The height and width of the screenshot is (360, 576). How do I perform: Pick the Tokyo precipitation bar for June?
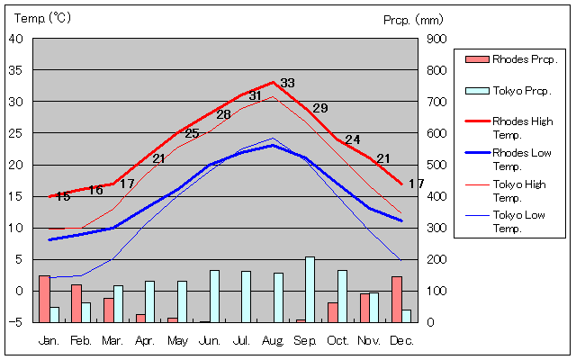pos(214,296)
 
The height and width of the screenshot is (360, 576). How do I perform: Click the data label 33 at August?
pos(287,83)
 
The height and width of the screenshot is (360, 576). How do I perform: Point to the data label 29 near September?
pos(319,108)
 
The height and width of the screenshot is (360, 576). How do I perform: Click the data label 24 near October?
pos(352,139)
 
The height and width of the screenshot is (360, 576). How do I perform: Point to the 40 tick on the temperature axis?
pos(16,39)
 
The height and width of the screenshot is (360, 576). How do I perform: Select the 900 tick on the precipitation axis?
pos(436,39)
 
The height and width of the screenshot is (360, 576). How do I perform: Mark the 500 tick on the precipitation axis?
pos(436,165)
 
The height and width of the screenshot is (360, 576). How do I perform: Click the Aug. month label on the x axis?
pos(274,341)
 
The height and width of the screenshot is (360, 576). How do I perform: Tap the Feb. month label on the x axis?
pos(81,341)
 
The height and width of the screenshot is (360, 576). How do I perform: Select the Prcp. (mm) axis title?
pos(412,19)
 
